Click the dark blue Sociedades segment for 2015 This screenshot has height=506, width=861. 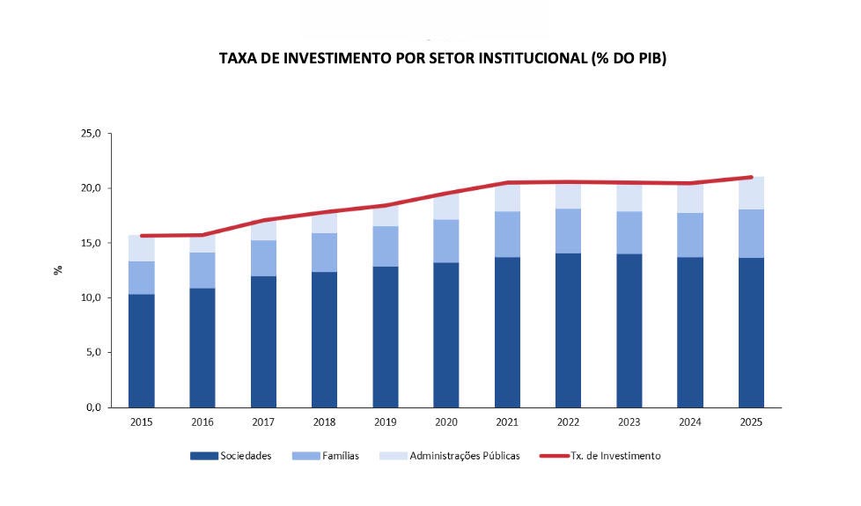[x=141, y=351]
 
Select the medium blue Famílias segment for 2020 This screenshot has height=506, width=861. [x=445, y=241]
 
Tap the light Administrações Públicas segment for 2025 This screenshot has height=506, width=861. [x=751, y=194]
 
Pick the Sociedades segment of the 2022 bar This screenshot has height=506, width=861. [x=568, y=330]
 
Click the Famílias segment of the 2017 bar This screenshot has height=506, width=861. [x=263, y=258]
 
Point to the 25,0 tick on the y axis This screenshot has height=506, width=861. [x=92, y=134]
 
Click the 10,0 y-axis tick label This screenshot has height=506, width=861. [x=92, y=297]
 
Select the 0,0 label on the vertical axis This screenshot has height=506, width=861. [x=93, y=407]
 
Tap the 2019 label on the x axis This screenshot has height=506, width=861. [x=385, y=422]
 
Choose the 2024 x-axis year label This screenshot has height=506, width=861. [x=689, y=422]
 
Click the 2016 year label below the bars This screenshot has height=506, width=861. [x=202, y=422]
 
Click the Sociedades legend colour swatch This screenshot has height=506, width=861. [x=203, y=456]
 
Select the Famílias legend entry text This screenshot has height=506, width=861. [x=341, y=456]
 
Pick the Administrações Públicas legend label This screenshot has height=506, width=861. [x=465, y=456]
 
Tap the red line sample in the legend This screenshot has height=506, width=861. [x=554, y=456]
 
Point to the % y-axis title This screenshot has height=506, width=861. [x=58, y=270]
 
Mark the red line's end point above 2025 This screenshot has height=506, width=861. [x=751, y=177]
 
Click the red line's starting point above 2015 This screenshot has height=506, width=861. [x=142, y=236]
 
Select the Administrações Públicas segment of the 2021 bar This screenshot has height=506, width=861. [x=507, y=197]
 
